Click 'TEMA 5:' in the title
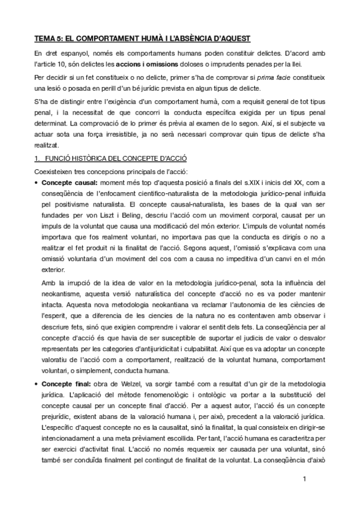coord(49,39)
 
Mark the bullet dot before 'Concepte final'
coord(37,383)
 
